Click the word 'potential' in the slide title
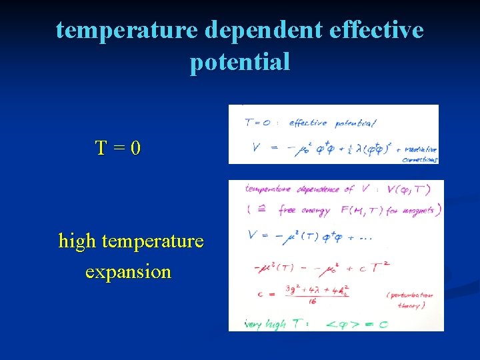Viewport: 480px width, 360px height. tap(240, 62)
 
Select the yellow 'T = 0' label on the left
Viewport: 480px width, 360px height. tap(118, 147)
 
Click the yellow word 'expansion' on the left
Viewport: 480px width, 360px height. tap(128, 272)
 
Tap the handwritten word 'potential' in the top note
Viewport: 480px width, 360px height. tap(355, 123)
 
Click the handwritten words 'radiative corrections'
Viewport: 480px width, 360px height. tap(418, 155)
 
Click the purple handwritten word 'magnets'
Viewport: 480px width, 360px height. tap(417, 210)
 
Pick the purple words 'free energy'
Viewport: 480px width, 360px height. tap(305, 210)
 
